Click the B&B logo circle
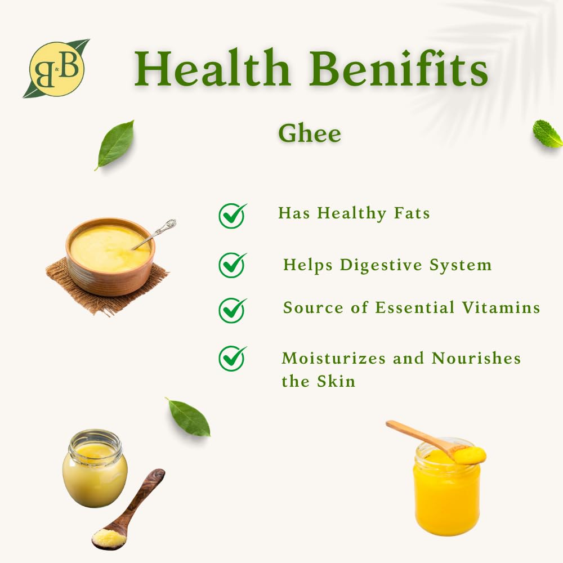tap(56, 69)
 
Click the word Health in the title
tap(212, 68)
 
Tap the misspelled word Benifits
tap(398, 68)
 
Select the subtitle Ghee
tap(310, 133)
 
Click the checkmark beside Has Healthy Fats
tap(233, 216)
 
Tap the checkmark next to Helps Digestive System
tap(233, 265)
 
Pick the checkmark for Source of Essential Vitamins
tap(233, 310)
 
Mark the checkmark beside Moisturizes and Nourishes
tap(233, 358)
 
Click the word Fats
tap(412, 213)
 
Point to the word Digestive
tap(381, 265)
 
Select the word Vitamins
tap(501, 308)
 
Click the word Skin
tap(336, 381)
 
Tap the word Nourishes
tap(476, 358)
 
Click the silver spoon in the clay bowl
tap(154, 234)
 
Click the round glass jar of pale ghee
tap(95, 468)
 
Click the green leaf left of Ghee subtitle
tap(115, 145)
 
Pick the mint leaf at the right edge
tap(548, 133)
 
